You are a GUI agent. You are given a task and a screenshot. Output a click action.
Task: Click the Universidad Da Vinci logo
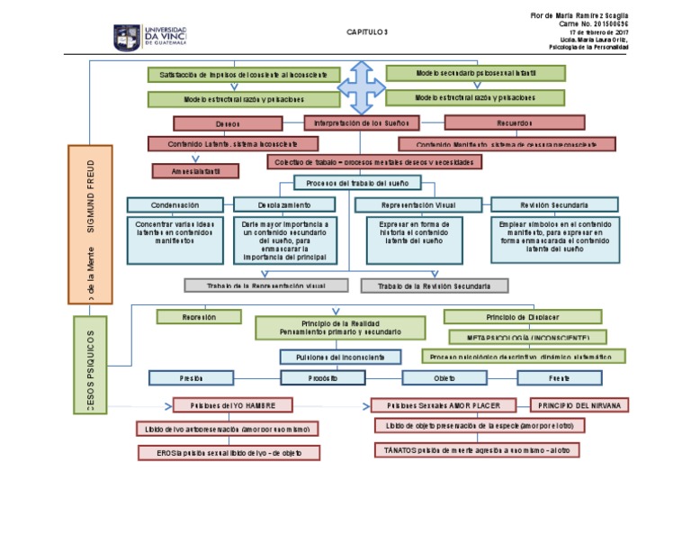[149, 36]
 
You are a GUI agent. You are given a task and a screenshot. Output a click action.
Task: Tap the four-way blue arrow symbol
[363, 86]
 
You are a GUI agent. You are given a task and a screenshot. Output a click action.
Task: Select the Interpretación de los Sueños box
[360, 122]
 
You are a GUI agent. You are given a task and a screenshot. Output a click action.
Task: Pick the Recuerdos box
[514, 122]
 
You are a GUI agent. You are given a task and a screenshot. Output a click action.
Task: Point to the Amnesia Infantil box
[195, 170]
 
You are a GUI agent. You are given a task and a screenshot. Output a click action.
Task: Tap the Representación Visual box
[418, 205]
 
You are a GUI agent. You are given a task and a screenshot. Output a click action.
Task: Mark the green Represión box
[199, 317]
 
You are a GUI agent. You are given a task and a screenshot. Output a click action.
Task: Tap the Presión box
[191, 378]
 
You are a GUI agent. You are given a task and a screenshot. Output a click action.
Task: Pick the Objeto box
[444, 378]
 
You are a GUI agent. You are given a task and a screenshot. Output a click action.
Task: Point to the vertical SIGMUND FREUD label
[90, 196]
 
